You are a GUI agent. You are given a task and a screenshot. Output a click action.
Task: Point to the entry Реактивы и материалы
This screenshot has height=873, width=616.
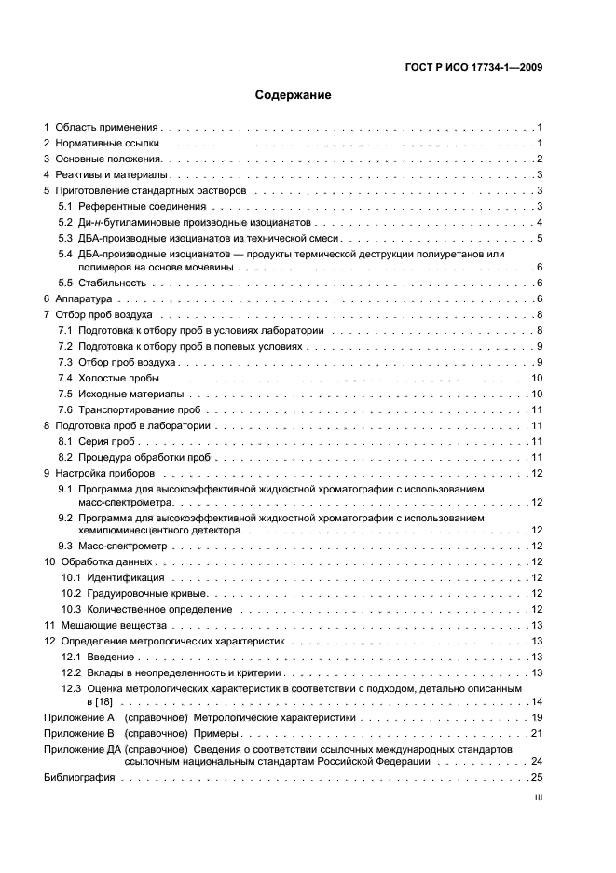tap(111, 174)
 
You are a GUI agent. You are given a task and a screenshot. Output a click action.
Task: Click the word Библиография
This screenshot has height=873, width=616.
tap(79, 777)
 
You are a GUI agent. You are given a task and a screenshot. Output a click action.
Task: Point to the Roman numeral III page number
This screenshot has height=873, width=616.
tap(538, 799)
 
